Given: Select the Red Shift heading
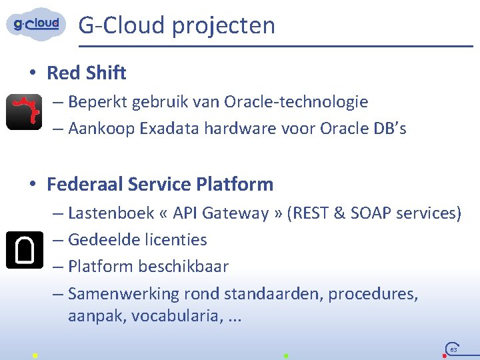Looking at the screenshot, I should pyautogui.click(x=86, y=73).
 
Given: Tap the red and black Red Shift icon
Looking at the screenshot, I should pyautogui.click(x=24, y=112).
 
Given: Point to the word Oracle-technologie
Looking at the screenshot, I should pyautogui.click(x=296, y=102).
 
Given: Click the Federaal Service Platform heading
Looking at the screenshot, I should pyautogui.click(x=160, y=183).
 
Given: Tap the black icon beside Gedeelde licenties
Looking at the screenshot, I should pyautogui.click(x=24, y=249).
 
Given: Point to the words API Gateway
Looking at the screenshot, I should pyautogui.click(x=219, y=213).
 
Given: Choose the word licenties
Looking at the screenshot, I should pyautogui.click(x=176, y=240).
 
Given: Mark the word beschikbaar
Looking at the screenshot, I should pyautogui.click(x=183, y=267).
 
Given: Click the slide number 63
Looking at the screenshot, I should pyautogui.click(x=453, y=349).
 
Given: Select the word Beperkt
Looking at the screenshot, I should pyautogui.click(x=97, y=102).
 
